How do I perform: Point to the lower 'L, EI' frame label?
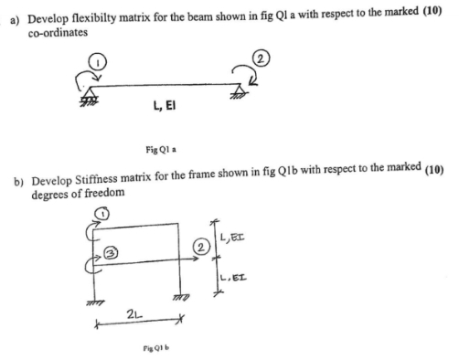click(x=237, y=273)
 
